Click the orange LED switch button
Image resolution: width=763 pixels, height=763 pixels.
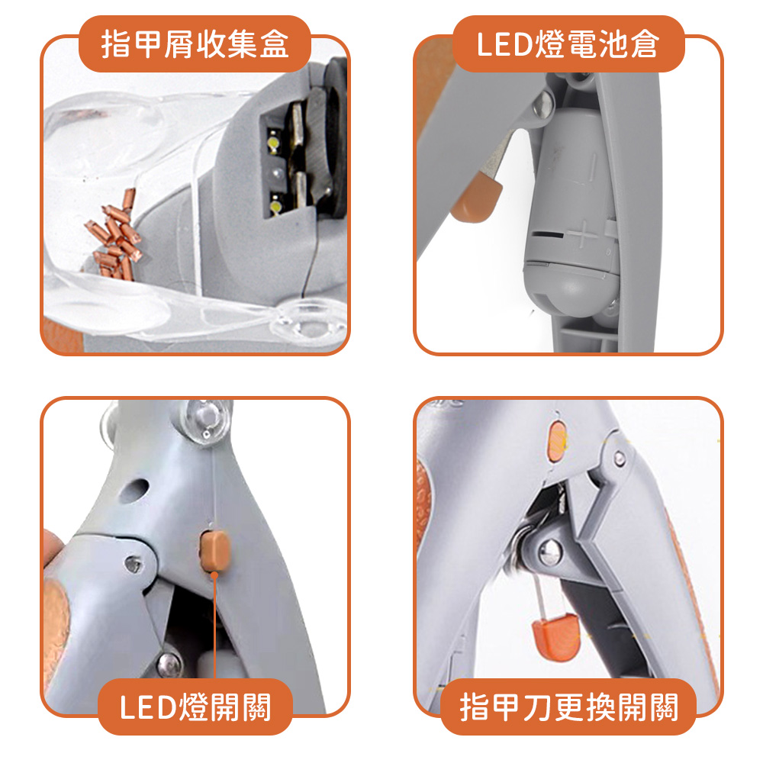click(x=214, y=547)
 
